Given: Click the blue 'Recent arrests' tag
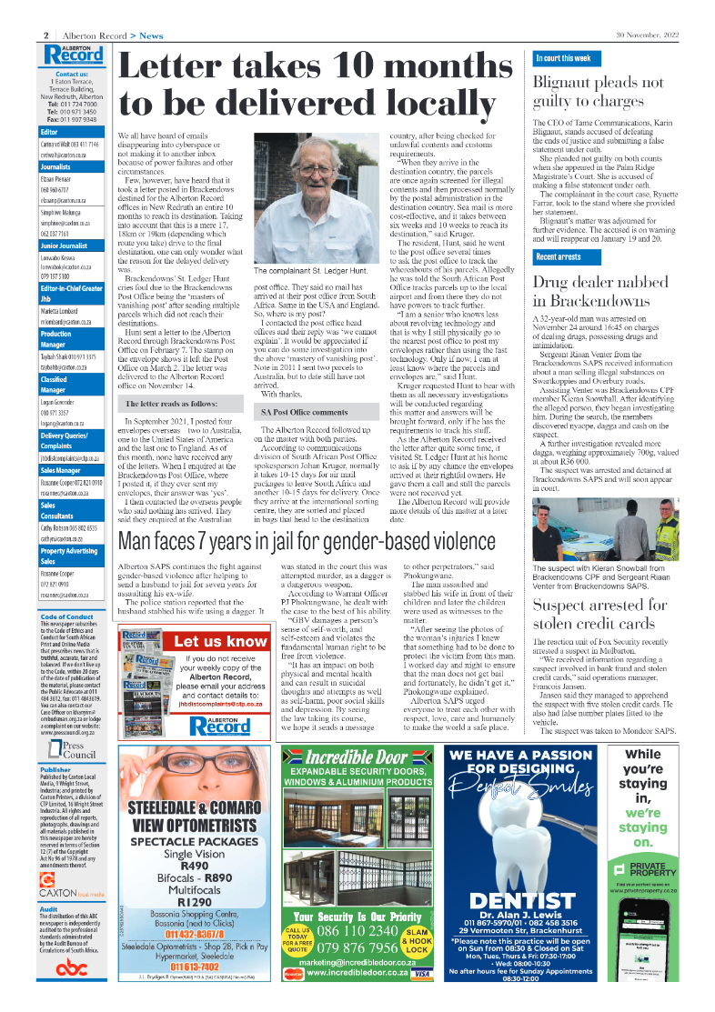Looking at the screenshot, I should tap(559, 258).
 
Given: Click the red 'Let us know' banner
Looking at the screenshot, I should tap(221, 641).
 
